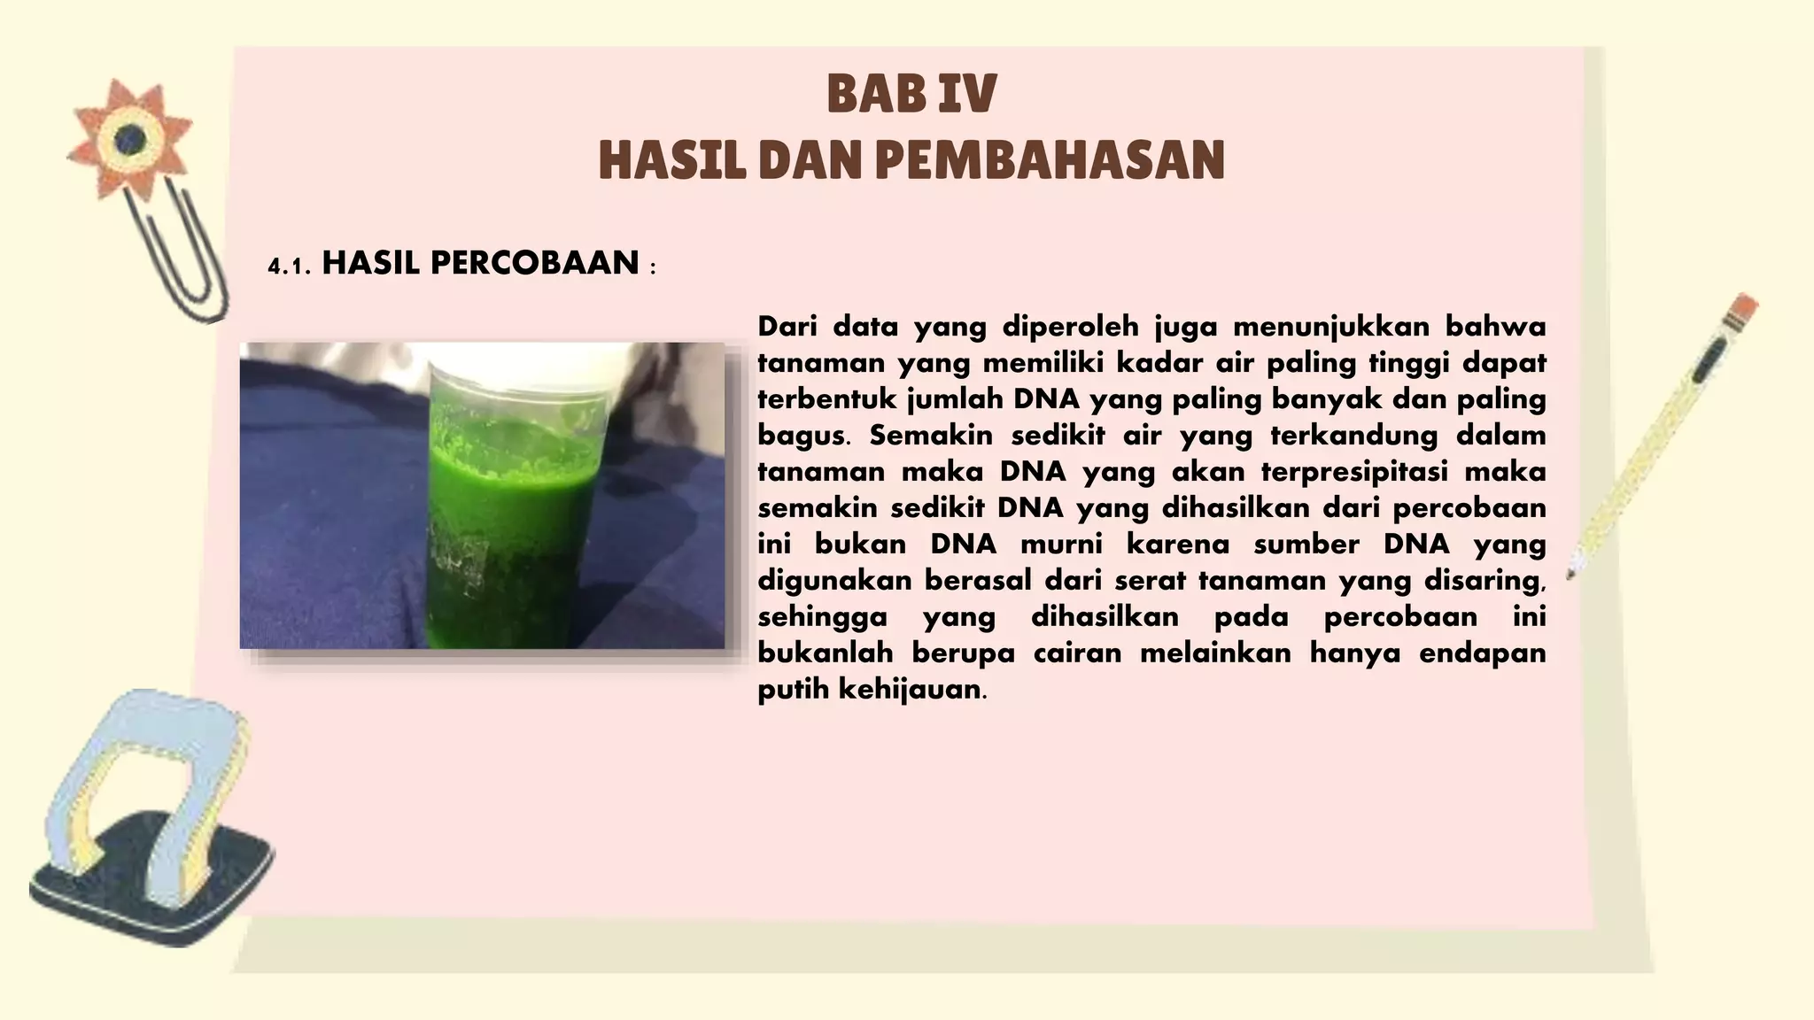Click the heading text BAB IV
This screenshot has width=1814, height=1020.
tap(911, 95)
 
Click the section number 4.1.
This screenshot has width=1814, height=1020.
tap(289, 267)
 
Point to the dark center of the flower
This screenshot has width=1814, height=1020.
tap(132, 138)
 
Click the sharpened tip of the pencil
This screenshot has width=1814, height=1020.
tap(1571, 574)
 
